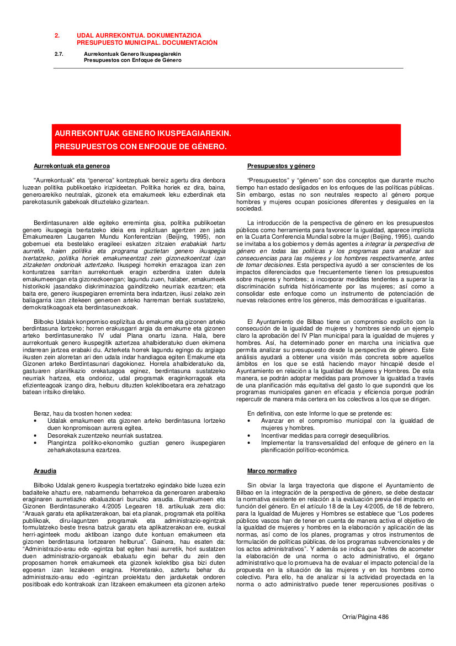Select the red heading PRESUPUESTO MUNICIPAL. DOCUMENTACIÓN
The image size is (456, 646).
coord(147,43)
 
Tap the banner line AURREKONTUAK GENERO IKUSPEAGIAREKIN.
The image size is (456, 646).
coord(142,134)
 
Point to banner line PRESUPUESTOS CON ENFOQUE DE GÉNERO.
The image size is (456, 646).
coord(140,147)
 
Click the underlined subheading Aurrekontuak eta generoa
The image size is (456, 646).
coord(72,166)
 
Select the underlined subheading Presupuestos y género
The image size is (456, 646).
coord(281,166)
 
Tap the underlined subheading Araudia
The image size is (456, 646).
coord(45,471)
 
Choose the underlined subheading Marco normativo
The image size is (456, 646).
coord(272,471)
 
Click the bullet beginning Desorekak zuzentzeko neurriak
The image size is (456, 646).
coord(105,435)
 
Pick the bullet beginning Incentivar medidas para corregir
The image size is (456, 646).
coord(325,435)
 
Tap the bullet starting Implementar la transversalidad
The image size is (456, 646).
coord(347,446)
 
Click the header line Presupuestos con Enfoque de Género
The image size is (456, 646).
coord(132,60)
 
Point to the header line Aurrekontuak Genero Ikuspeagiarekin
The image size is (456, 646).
coord(133,54)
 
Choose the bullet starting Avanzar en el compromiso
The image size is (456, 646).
coord(347,424)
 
